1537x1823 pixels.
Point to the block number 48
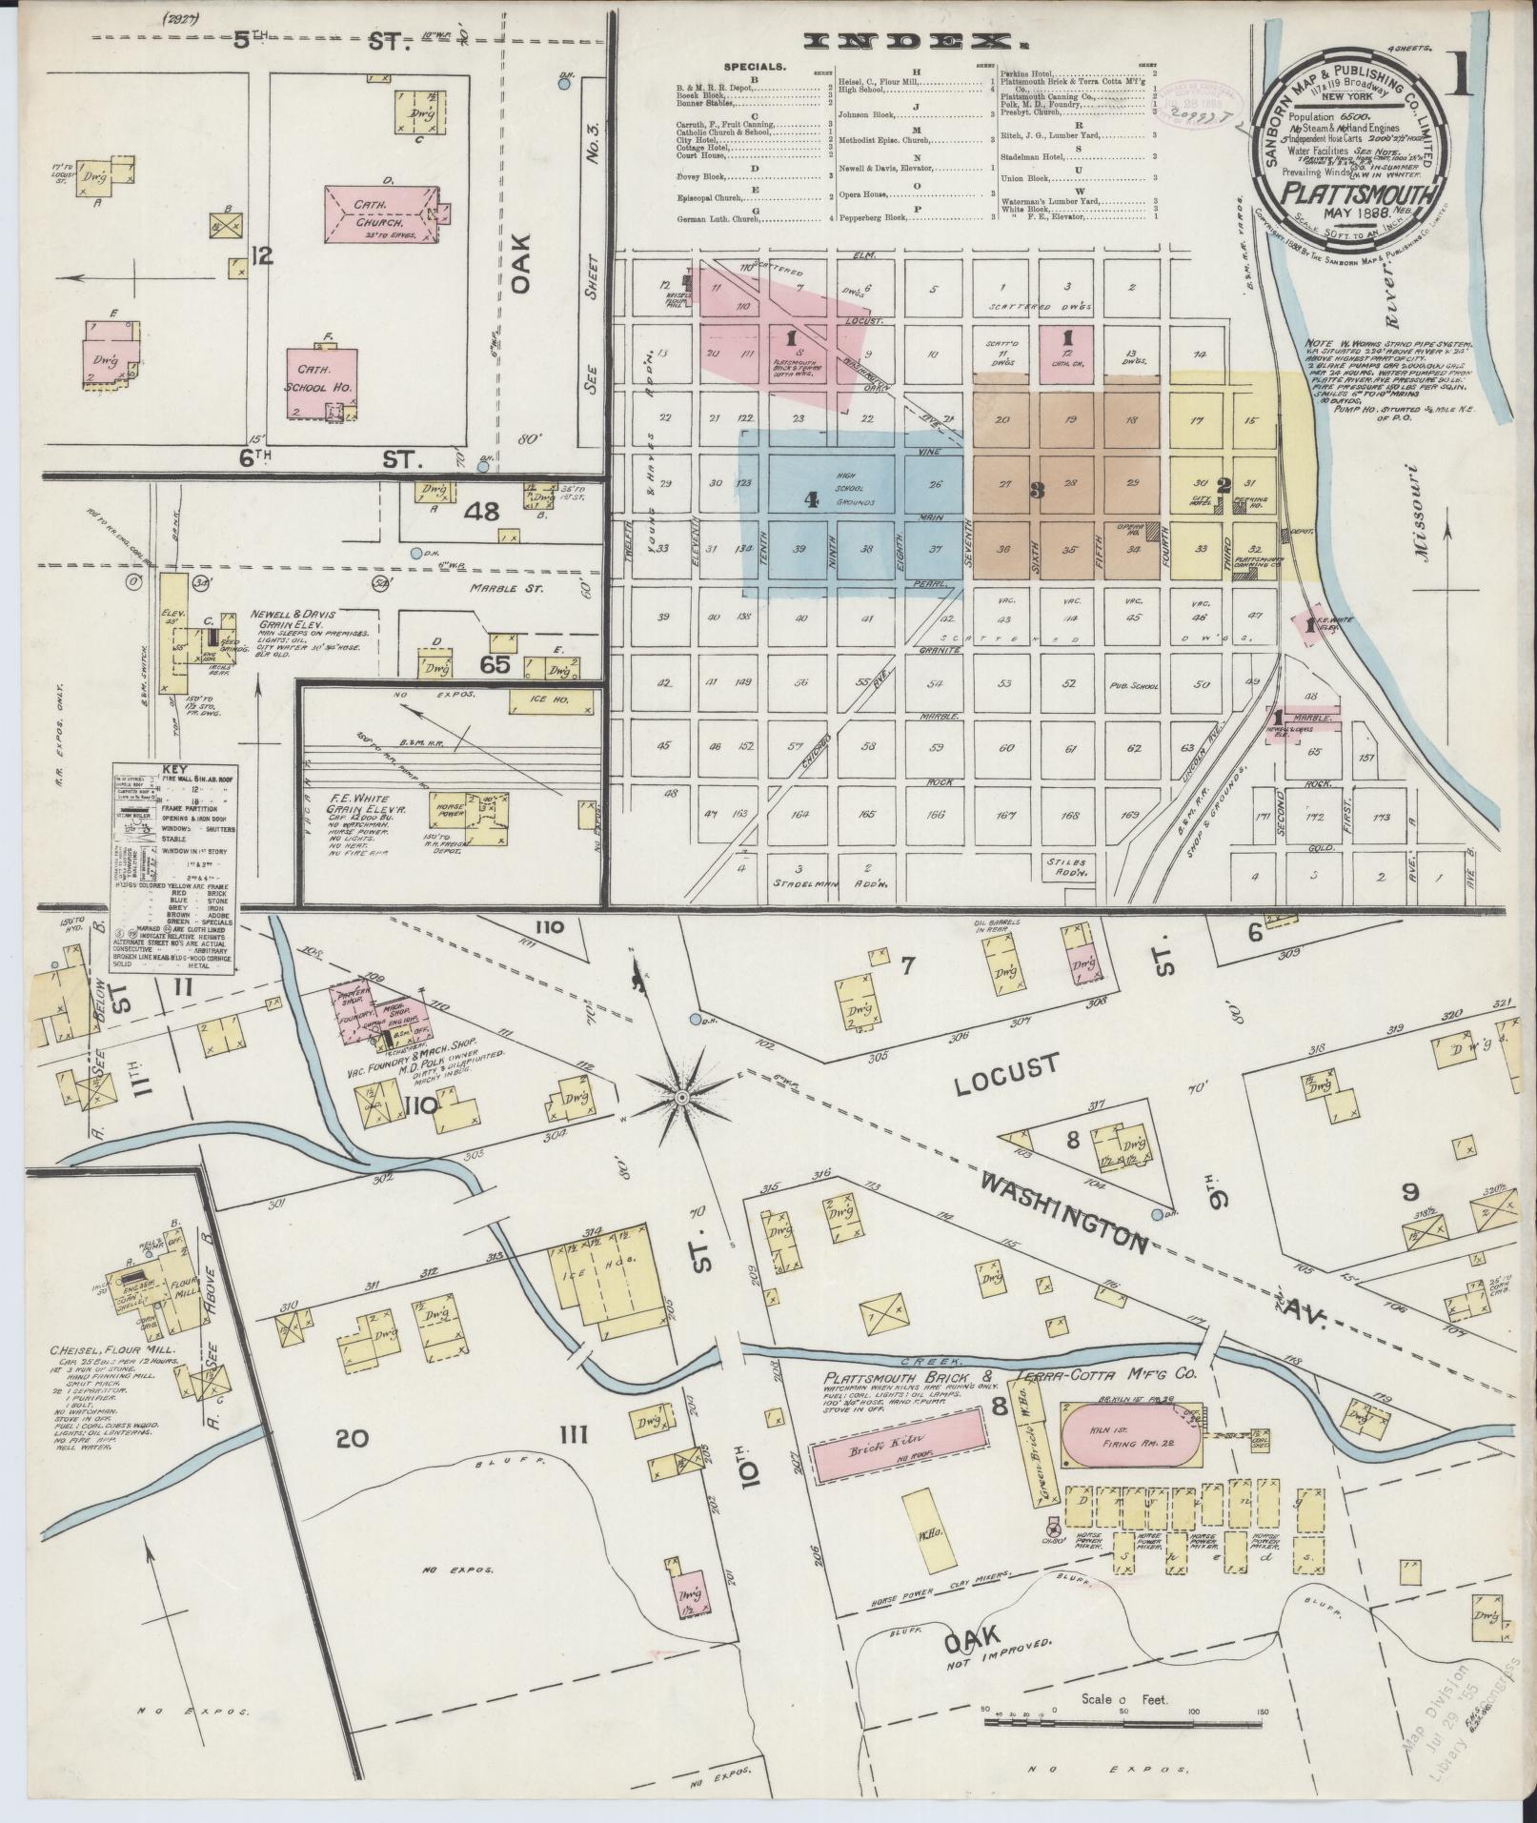point(482,512)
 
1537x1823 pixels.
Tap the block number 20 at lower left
point(352,1465)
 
